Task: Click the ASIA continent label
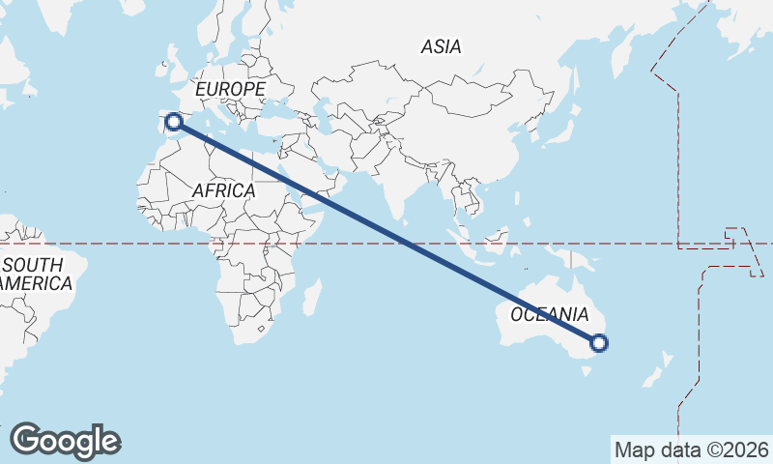tap(442, 46)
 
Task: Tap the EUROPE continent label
tap(230, 90)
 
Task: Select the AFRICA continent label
tap(223, 191)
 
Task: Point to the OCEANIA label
tap(549, 315)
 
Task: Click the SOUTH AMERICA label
tap(35, 275)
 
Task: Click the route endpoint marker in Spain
tap(174, 121)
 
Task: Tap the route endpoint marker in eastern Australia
tap(599, 342)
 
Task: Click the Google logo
tap(65, 441)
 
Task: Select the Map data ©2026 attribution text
tap(692, 449)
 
